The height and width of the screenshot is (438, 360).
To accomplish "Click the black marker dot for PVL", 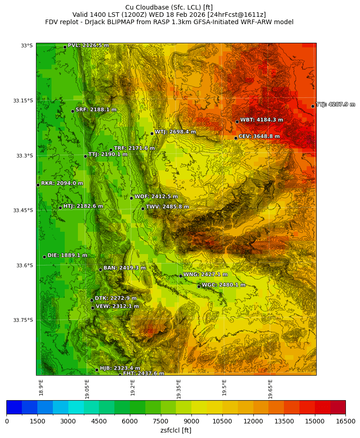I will [65, 47].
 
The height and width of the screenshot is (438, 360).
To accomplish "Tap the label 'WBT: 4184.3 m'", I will [262, 120].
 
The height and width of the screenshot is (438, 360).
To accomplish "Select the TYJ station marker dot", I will [313, 106].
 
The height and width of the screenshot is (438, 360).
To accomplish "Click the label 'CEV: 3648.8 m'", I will [259, 136].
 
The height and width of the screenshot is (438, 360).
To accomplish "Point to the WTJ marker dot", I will [152, 133].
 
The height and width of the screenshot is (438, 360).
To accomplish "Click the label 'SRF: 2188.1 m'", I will [96, 110].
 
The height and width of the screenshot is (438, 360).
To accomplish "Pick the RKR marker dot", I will [38, 185].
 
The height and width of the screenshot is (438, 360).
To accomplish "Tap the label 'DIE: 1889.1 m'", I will [67, 255].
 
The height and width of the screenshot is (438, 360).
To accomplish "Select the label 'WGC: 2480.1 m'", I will [223, 285].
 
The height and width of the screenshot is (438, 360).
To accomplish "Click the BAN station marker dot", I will [100, 270].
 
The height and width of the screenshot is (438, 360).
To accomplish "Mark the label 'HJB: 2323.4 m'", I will [120, 368].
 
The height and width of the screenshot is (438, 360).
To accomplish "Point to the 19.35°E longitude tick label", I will [179, 389].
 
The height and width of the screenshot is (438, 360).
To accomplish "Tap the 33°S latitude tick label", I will [26, 46].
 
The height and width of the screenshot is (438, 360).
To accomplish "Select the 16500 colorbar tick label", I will [345, 421].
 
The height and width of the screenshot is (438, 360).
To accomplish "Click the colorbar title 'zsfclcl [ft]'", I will [176, 430].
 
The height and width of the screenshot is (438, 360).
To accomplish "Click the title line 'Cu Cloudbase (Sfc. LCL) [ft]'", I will [169, 7].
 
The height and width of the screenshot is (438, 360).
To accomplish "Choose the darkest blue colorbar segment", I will [14, 407].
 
